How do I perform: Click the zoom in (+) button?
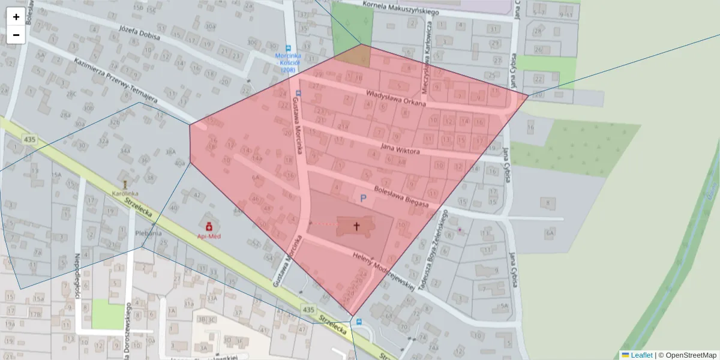pos(16,17)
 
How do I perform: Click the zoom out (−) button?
pos(16,35)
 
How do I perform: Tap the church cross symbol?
pos(356,226)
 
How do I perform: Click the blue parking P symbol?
pos(362,198)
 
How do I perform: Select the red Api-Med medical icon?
pos(209,227)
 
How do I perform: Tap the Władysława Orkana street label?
pos(395,98)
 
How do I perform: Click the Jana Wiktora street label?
pos(401,148)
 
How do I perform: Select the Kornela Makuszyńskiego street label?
pos(401,8)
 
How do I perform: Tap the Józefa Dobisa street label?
pos(140,32)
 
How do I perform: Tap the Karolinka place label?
pos(125,193)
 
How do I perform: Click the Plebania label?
pos(149,233)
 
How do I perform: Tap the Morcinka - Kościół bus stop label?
pos(289,62)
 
